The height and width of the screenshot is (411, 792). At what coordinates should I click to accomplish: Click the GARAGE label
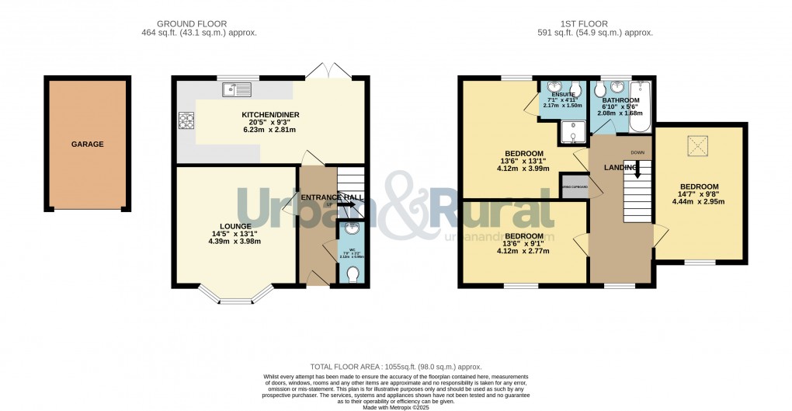tap(88, 145)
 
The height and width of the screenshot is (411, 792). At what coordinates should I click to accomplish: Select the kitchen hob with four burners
tap(187, 121)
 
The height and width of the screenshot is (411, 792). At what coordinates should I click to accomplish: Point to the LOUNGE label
tap(234, 225)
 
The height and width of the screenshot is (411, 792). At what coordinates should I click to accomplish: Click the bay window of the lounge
tap(234, 294)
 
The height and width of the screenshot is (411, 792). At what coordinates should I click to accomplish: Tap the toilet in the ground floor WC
tap(353, 275)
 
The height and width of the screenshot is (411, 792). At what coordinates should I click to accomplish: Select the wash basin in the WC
tap(353, 229)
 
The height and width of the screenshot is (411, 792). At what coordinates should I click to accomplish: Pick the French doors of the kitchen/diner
tap(329, 71)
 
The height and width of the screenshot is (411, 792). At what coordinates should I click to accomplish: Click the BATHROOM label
tap(621, 101)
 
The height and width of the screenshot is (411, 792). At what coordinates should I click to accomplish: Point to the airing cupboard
tap(574, 187)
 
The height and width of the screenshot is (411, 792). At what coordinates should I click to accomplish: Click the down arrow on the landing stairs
tap(637, 170)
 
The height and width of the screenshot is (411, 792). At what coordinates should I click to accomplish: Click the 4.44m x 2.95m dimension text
tap(698, 202)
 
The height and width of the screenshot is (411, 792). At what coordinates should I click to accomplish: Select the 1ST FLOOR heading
tap(595, 24)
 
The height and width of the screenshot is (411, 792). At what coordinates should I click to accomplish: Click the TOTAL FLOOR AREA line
tap(396, 367)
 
